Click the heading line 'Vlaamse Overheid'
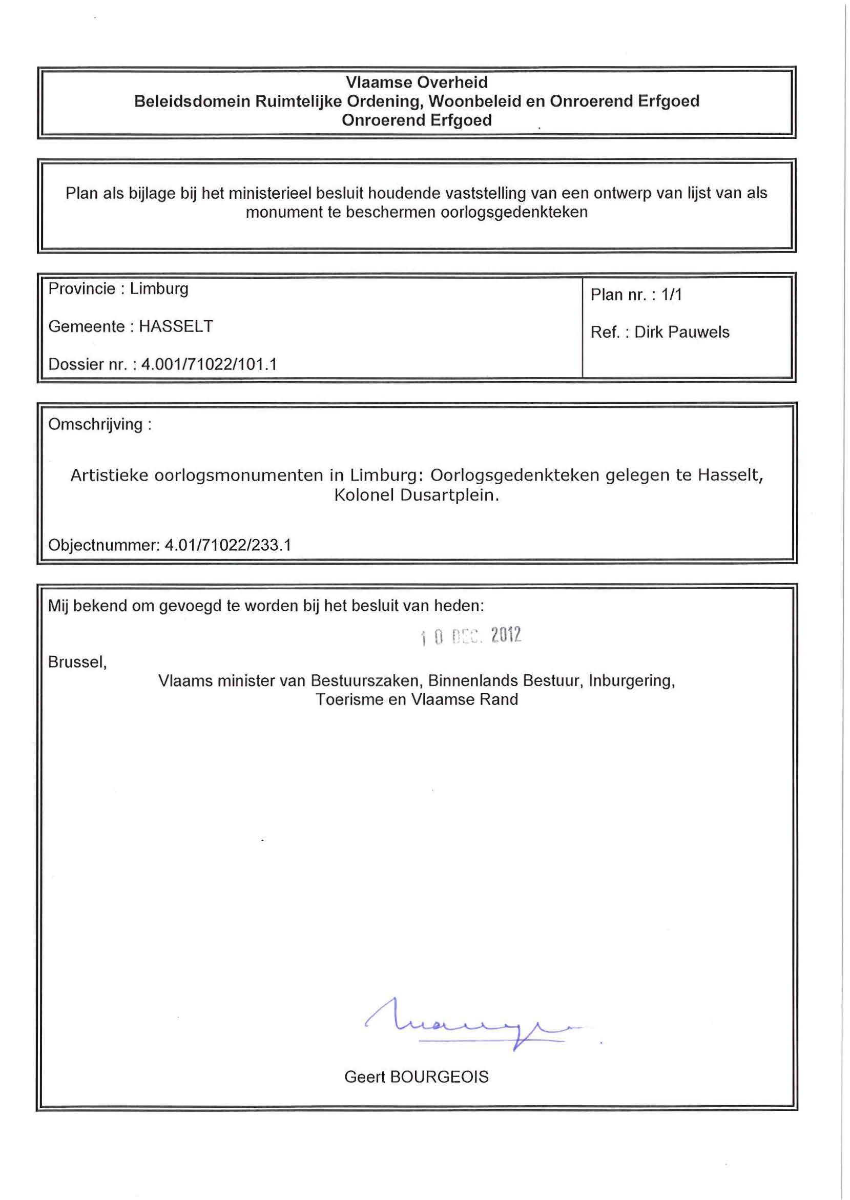[x=417, y=82]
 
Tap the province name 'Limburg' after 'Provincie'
[x=159, y=289]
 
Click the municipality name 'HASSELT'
[x=176, y=326]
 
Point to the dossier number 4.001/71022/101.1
[x=209, y=364]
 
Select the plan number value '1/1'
[x=672, y=295]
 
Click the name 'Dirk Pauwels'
[x=681, y=333]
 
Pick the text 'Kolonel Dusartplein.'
[x=417, y=495]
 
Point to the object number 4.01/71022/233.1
[x=227, y=545]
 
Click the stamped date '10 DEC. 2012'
[x=470, y=636]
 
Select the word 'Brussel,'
[x=77, y=663]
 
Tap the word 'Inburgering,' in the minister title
[x=631, y=681]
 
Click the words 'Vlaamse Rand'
[x=464, y=700]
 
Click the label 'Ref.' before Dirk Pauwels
[x=605, y=333]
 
